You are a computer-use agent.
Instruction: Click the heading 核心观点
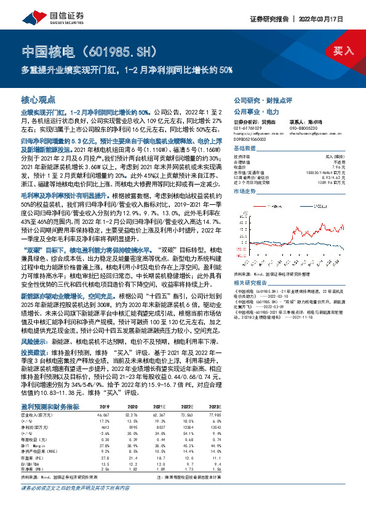click(x=38, y=99)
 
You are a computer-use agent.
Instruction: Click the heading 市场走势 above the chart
click(x=244, y=191)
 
